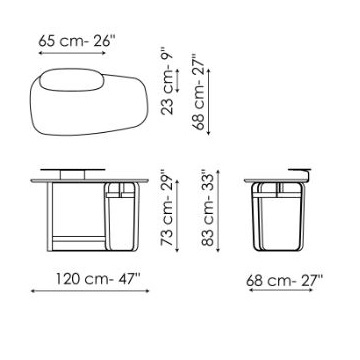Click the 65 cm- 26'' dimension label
click(x=76, y=41)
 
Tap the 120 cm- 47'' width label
click(x=97, y=279)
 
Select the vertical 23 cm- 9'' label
click(x=167, y=82)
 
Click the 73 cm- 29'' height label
click(x=167, y=208)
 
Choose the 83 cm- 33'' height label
click(x=208, y=208)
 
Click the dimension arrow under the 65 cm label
click(x=72, y=53)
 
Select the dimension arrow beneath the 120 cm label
click(x=90, y=291)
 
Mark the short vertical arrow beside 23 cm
click(x=177, y=81)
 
